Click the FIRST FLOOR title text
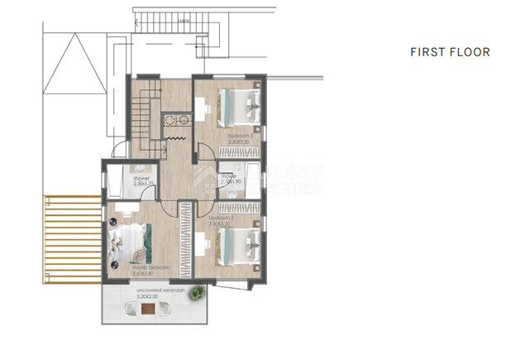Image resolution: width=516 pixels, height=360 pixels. click(x=450, y=52)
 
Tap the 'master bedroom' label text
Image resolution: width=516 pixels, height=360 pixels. click(x=151, y=268)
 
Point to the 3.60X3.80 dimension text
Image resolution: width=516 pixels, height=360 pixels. click(x=151, y=274)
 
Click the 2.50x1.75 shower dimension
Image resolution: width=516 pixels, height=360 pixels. click(x=141, y=183)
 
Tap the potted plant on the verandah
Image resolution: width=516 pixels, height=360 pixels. click(x=198, y=292)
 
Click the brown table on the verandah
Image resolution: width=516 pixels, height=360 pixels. click(x=147, y=310)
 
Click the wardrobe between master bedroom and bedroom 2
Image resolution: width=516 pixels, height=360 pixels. click(x=188, y=240)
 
